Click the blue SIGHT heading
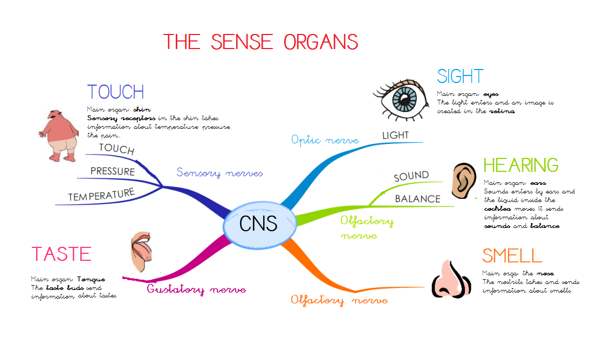[x=460, y=77]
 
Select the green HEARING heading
[x=521, y=165]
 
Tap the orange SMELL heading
[x=512, y=255]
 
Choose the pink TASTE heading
[x=61, y=254]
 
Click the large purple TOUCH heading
[x=115, y=92]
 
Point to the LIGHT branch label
[x=396, y=135]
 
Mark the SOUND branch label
[x=411, y=176]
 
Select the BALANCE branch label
[x=417, y=199]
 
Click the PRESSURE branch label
[x=113, y=171]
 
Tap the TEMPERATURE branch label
[x=101, y=195]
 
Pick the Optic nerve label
[x=325, y=140]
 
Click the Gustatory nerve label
[x=196, y=290]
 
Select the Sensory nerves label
[x=219, y=173]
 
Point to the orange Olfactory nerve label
[x=339, y=300]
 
